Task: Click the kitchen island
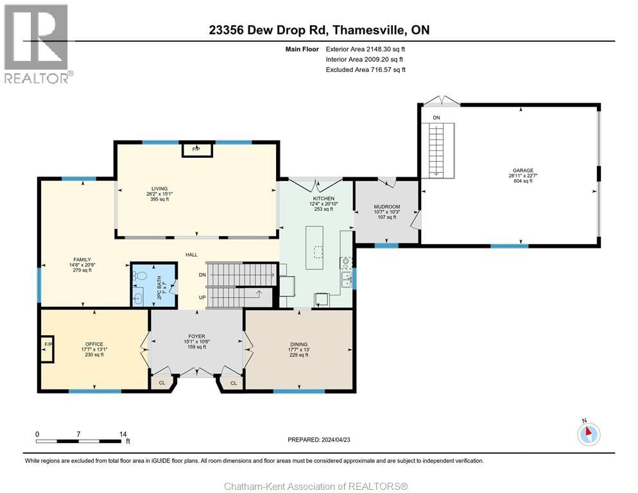(x=316, y=245)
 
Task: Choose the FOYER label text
(x=196, y=336)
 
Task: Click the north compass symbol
(x=589, y=434)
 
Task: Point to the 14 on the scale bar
(x=123, y=434)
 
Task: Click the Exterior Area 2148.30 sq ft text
(x=365, y=48)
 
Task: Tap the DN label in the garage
(x=436, y=117)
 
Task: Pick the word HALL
(x=191, y=255)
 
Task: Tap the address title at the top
(x=319, y=30)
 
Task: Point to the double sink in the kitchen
(x=347, y=279)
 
